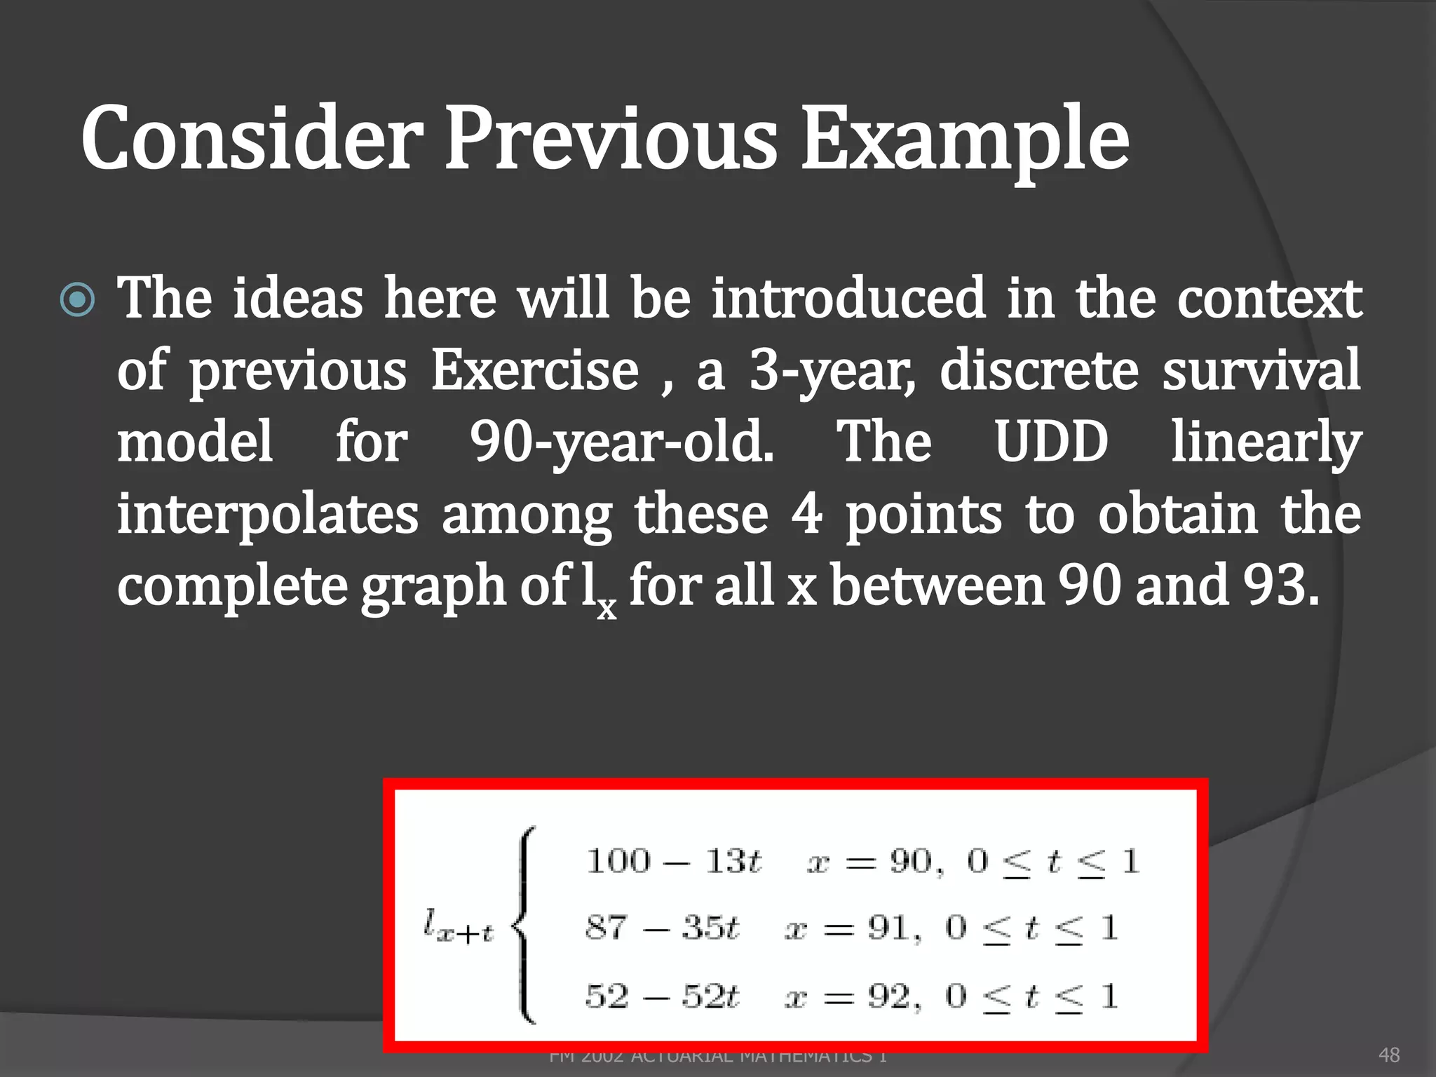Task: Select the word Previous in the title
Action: (611, 138)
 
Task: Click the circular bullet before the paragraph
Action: (77, 301)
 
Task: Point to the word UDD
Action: (1052, 442)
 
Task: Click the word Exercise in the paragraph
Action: (534, 370)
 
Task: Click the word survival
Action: (1261, 370)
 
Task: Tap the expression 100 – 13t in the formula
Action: (673, 860)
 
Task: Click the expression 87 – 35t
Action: (662, 928)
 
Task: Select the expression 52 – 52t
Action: (662, 996)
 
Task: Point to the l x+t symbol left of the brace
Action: (459, 927)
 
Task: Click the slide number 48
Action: (1389, 1055)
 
